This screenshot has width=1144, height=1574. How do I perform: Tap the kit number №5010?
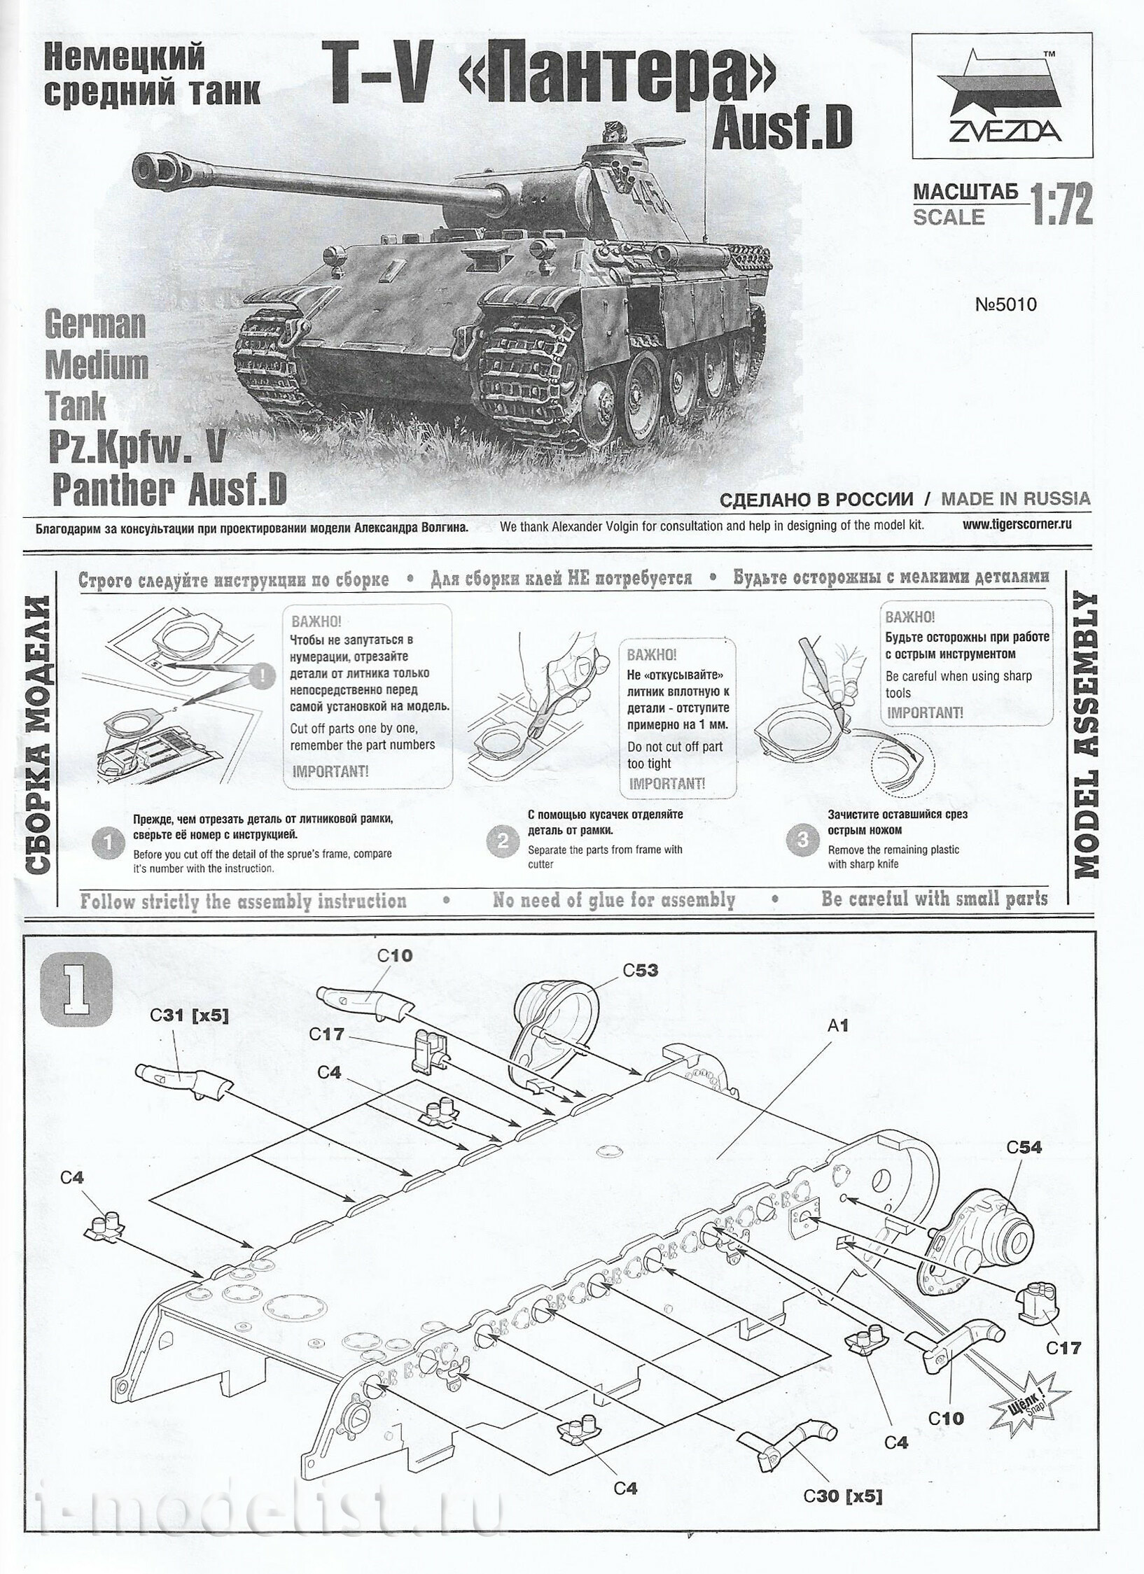pyautogui.click(x=1005, y=304)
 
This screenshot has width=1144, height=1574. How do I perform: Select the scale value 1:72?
pyautogui.click(x=1060, y=206)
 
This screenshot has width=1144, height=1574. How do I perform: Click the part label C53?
pyautogui.click(x=640, y=971)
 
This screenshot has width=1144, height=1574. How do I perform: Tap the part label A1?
pyautogui.click(x=837, y=1025)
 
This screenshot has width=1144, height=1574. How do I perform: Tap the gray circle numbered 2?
pyautogui.click(x=502, y=841)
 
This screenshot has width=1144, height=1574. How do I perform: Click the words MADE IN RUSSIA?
pyautogui.click(x=1015, y=498)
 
